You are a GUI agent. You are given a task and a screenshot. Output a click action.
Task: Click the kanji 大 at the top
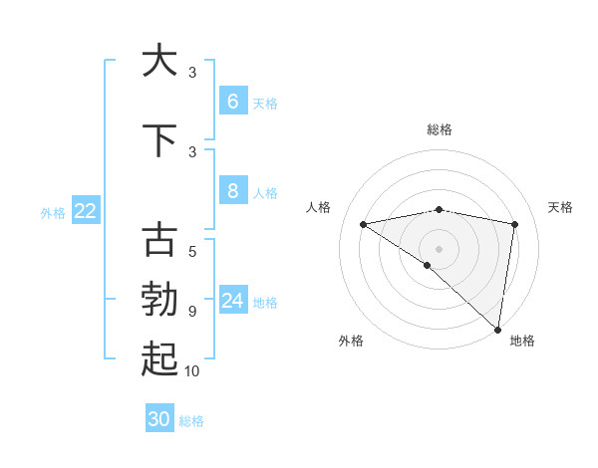click(159, 61)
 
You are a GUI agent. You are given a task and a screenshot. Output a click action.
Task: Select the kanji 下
click(159, 141)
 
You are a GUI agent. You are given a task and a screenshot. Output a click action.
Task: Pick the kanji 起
click(159, 359)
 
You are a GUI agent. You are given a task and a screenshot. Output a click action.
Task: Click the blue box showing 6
click(232, 102)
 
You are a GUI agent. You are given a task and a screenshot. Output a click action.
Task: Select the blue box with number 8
click(232, 191)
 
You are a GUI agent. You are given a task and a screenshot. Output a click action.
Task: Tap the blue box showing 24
click(232, 301)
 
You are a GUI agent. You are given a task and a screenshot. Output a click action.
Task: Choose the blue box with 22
click(86, 210)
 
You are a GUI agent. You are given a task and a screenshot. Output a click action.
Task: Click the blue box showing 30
click(159, 419)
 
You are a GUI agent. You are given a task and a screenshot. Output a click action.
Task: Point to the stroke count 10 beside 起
click(192, 371)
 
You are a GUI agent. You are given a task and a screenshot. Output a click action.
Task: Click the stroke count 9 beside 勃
click(192, 312)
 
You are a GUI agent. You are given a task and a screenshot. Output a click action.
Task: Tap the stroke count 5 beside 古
click(192, 252)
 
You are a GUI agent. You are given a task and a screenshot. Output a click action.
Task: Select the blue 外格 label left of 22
click(53, 212)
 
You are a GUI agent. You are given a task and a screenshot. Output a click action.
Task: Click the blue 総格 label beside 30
click(191, 421)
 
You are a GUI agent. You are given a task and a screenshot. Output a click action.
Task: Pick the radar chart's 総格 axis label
click(439, 129)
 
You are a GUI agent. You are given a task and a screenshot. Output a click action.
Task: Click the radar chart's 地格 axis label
click(522, 341)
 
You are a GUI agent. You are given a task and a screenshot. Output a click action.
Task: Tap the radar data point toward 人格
click(363, 224)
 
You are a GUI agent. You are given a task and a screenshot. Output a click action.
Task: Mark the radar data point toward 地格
click(498, 329)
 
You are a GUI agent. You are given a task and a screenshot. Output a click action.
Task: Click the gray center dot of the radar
click(439, 248)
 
